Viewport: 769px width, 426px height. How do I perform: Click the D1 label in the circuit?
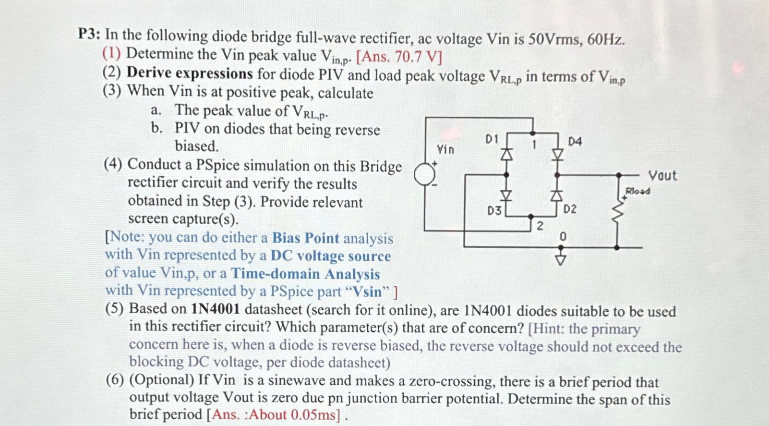click(x=492, y=139)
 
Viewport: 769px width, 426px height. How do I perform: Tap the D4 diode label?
click(x=575, y=141)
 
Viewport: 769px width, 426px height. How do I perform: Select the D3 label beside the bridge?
click(x=494, y=210)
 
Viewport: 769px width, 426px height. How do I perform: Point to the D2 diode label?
click(x=569, y=209)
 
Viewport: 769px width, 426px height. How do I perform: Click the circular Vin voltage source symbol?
click(x=424, y=174)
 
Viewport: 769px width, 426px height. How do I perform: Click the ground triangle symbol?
click(x=561, y=259)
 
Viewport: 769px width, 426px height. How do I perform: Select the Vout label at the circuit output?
click(x=662, y=176)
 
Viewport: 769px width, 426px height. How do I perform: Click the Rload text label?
click(x=637, y=191)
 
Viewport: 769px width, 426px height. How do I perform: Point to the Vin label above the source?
click(x=445, y=150)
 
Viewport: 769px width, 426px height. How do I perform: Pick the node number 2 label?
click(x=540, y=226)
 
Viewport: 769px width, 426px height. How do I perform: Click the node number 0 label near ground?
click(x=563, y=236)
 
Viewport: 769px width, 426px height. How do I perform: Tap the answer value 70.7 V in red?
click(x=416, y=57)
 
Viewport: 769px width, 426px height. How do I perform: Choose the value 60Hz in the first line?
click(x=606, y=39)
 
